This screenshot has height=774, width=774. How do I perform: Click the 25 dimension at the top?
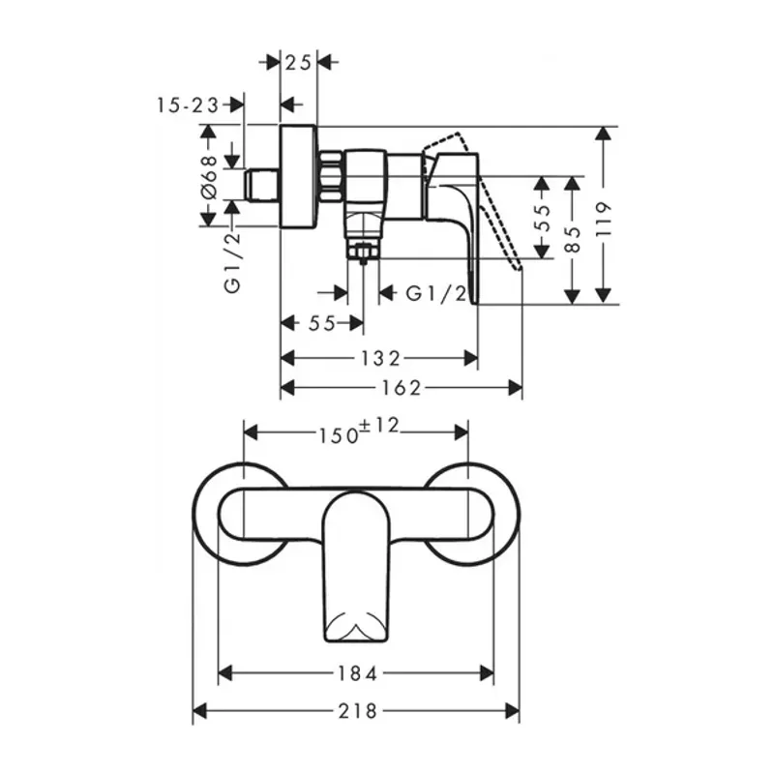tap(298, 63)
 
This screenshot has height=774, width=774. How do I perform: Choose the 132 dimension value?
tap(380, 358)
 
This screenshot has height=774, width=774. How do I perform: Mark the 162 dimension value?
tap(402, 389)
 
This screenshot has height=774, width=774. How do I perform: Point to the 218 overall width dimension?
tap(357, 712)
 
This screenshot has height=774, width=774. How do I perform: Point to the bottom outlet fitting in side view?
tap(364, 250)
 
